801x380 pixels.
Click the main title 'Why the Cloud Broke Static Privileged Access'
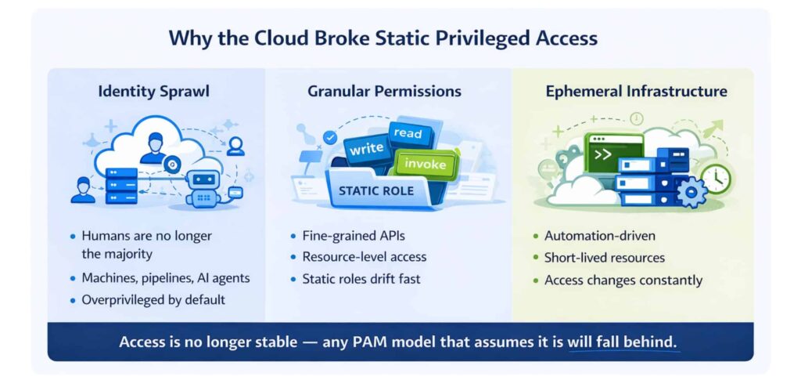400,38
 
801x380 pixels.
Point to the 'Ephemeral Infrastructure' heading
636,92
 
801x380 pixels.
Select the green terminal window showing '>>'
612,154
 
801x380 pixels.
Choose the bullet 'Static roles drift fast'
362,278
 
